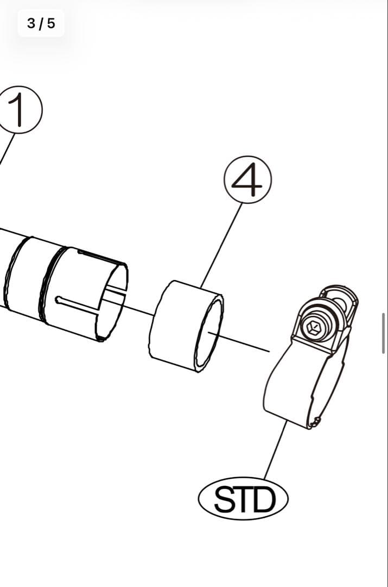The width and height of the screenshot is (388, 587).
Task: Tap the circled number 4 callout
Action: point(248,180)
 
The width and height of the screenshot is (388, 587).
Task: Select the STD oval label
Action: point(243,498)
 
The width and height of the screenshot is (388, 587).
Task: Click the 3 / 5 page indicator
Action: point(41,23)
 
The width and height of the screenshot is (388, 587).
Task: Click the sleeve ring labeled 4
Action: point(186,326)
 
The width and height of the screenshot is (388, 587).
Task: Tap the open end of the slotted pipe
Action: point(111,302)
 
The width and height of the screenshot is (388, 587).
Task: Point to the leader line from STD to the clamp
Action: point(276,449)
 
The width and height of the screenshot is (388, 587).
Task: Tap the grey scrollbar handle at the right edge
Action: point(384,333)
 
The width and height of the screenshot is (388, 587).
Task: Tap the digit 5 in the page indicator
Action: point(51,23)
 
